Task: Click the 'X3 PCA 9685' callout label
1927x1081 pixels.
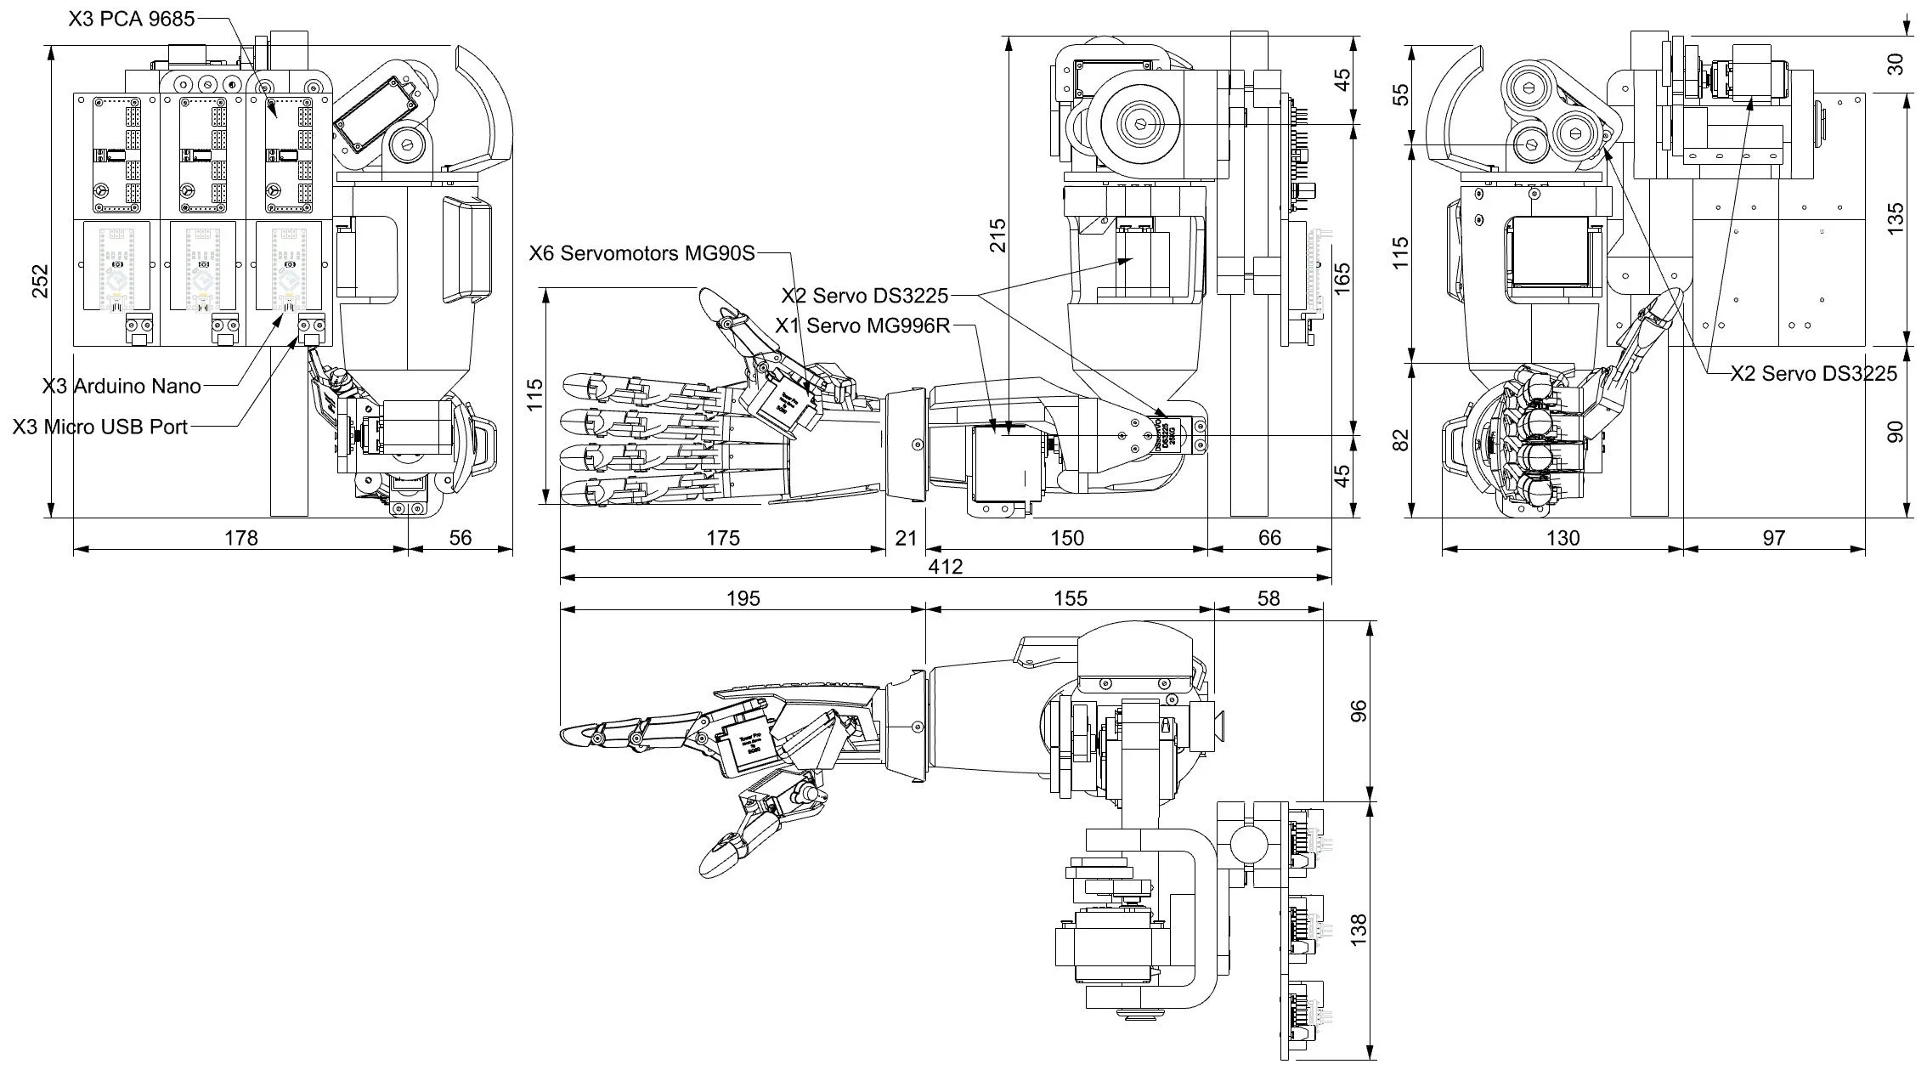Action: [x=132, y=19]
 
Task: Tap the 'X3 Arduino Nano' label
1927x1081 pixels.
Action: [x=121, y=386]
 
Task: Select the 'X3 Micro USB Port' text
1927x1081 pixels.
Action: [x=100, y=427]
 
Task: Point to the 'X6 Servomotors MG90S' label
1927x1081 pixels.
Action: [x=641, y=253]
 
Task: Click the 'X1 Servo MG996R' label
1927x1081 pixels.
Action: [x=862, y=325]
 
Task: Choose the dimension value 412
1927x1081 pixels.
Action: [x=946, y=567]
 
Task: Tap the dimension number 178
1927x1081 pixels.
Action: [x=240, y=538]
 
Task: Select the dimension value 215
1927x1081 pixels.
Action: [x=997, y=235]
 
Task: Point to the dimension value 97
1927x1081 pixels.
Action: [x=1774, y=538]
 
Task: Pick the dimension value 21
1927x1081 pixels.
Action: [x=907, y=538]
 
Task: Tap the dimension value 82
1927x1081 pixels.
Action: [x=1401, y=440]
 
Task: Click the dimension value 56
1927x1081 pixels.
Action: [x=460, y=538]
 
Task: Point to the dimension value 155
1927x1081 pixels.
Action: [x=1070, y=598]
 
